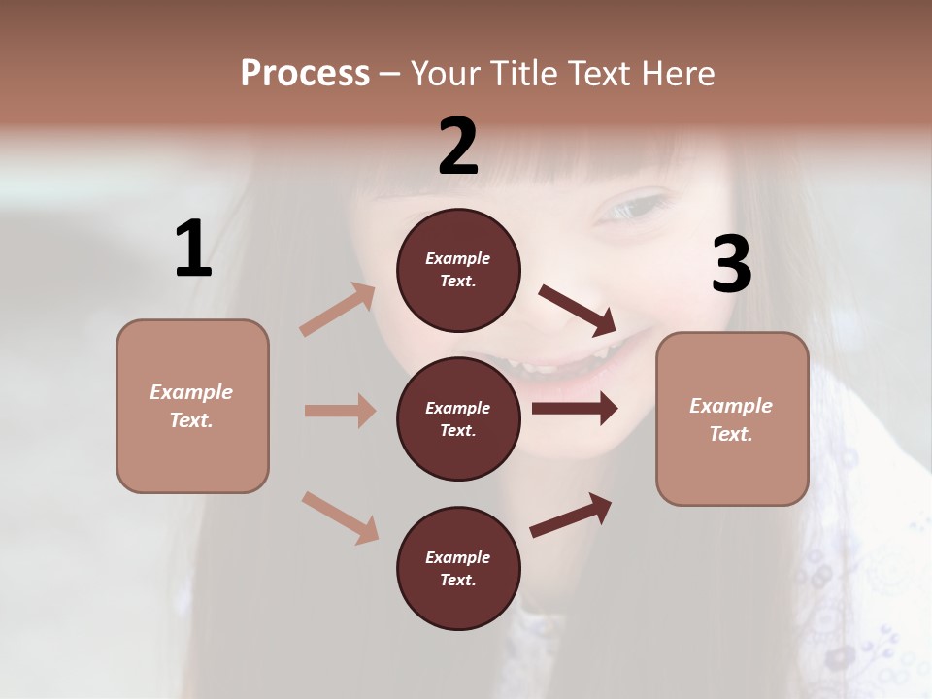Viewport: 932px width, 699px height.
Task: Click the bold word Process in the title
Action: click(x=305, y=74)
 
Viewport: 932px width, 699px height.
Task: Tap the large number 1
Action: click(x=193, y=250)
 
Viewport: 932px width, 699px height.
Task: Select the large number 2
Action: click(x=458, y=147)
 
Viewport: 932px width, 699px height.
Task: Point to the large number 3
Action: click(x=731, y=266)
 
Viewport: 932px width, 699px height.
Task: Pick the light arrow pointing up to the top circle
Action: click(x=338, y=310)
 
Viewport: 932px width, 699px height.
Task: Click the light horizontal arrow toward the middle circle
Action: click(x=340, y=411)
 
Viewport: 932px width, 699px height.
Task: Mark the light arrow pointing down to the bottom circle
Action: click(x=340, y=516)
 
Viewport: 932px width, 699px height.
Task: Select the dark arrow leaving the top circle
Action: click(x=578, y=309)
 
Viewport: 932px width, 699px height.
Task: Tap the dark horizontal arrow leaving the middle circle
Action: click(x=575, y=409)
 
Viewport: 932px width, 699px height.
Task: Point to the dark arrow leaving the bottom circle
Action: click(x=571, y=516)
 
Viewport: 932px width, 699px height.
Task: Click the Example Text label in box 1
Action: click(x=191, y=406)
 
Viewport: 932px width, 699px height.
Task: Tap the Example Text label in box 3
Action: click(x=731, y=419)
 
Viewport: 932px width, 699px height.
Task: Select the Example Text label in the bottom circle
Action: click(x=458, y=569)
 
